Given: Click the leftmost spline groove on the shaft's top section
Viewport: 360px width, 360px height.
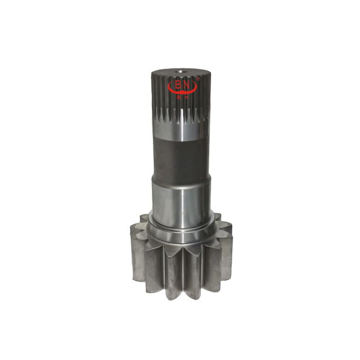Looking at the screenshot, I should pyautogui.click(x=154, y=90).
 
